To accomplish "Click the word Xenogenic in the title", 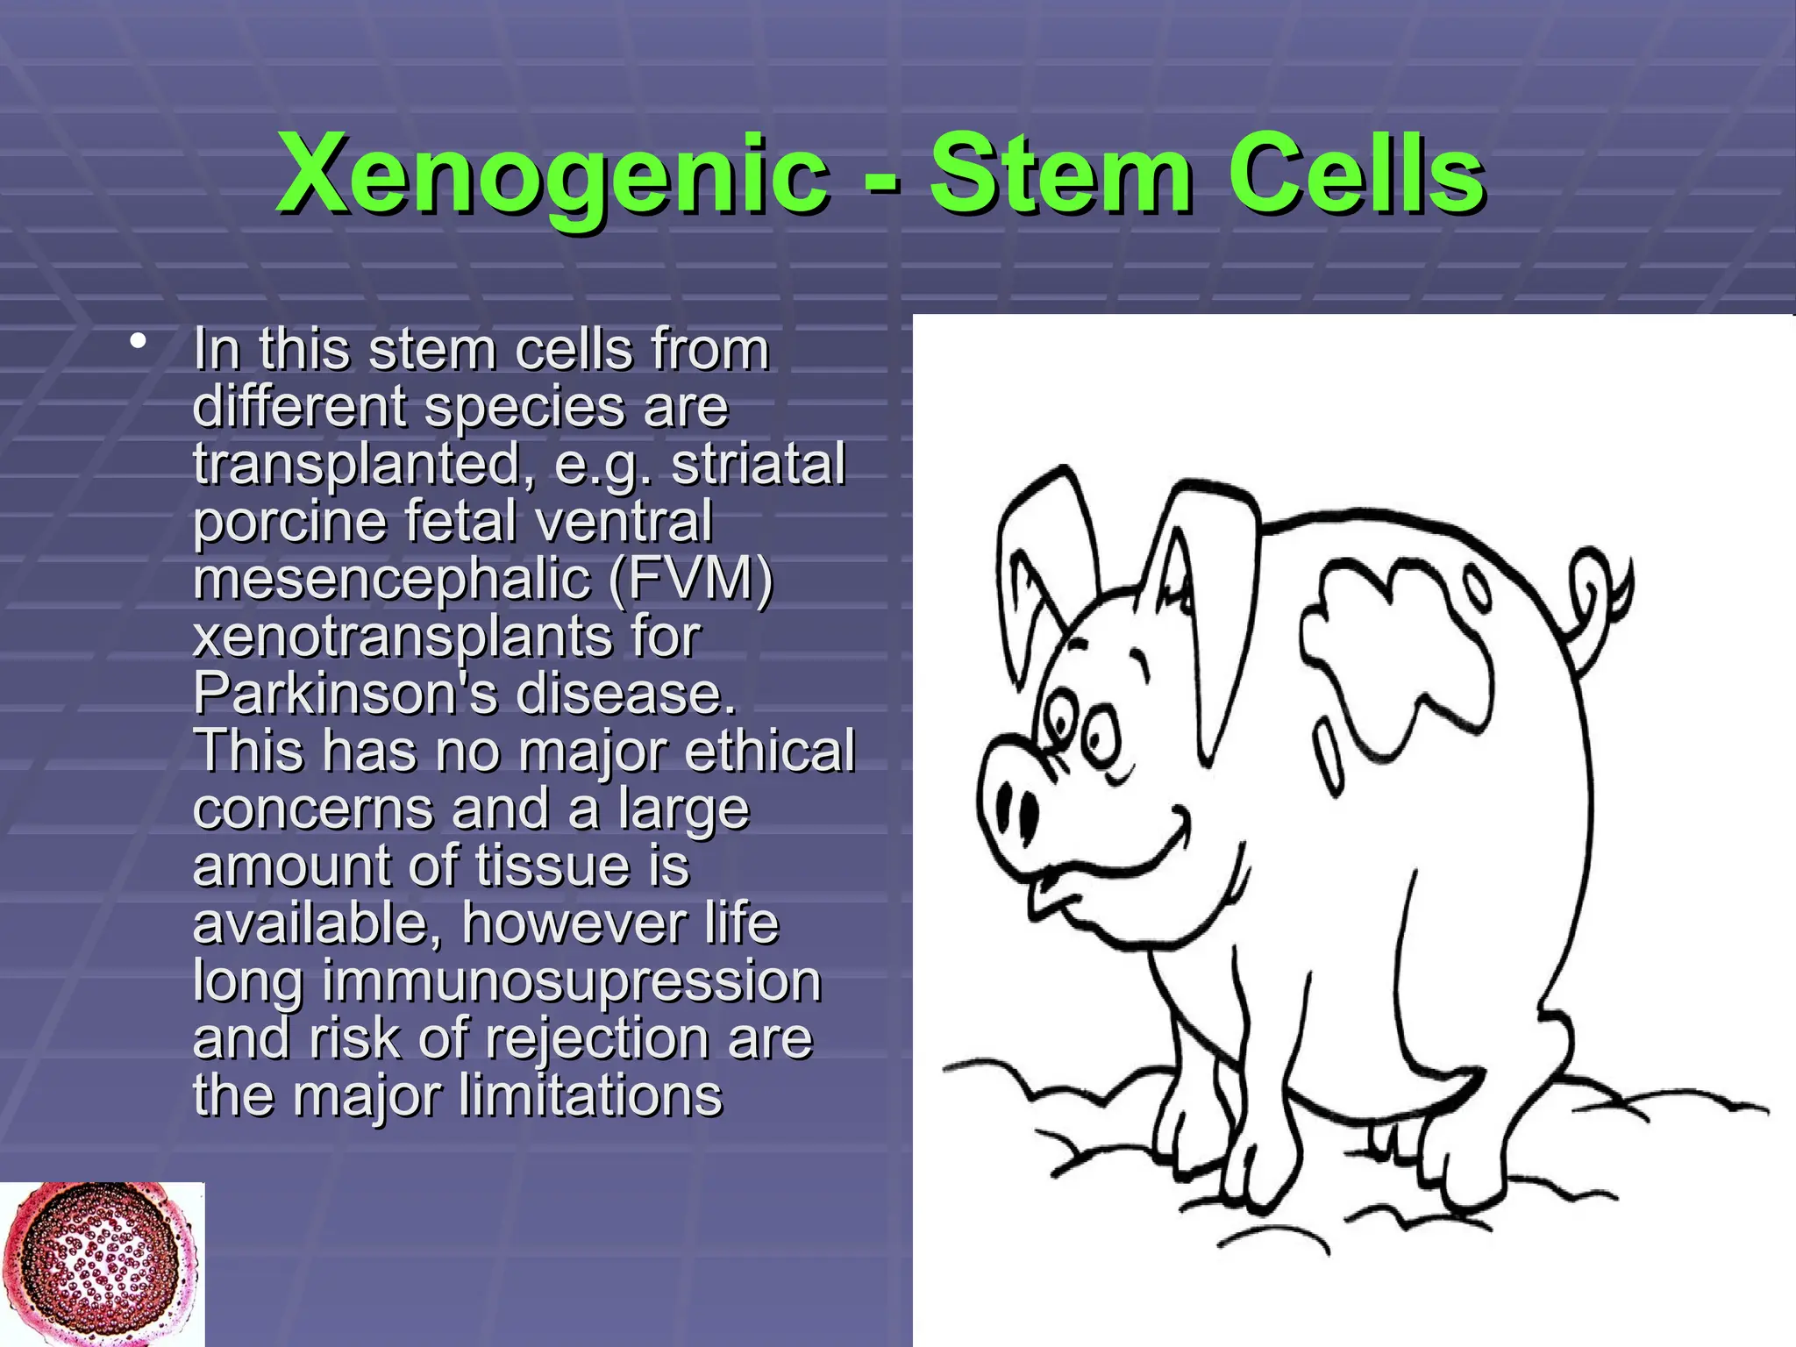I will tap(552, 175).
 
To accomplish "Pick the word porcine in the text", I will tap(289, 522).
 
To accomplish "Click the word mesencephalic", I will tap(391, 579).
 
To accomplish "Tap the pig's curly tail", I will tap(1600, 596).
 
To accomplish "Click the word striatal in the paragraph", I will tap(758, 464).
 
